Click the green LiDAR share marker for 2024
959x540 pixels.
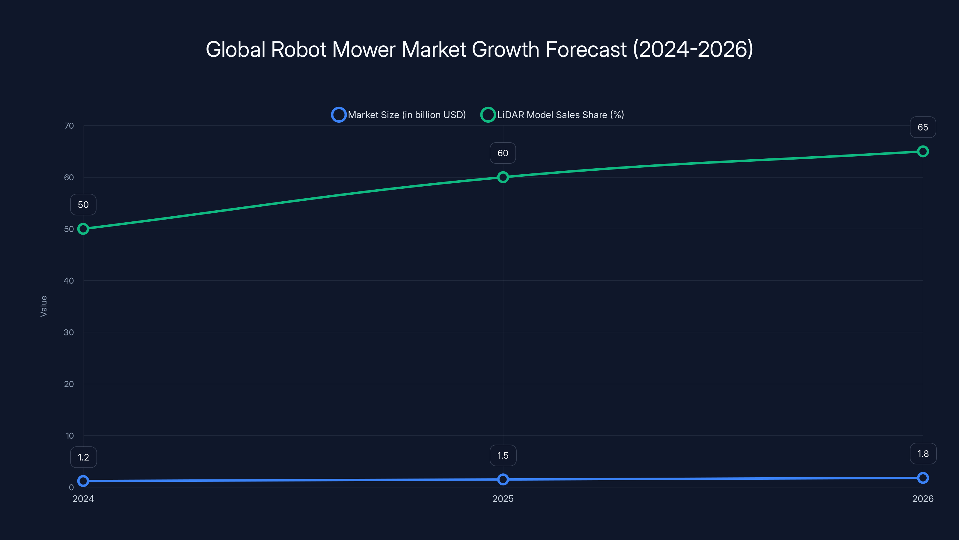click(83, 229)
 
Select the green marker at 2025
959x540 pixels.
click(503, 177)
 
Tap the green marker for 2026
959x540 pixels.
click(922, 151)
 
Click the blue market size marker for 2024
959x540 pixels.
click(83, 481)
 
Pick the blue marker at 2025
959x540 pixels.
click(503, 479)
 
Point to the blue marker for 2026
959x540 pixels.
click(922, 478)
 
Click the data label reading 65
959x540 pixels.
click(922, 127)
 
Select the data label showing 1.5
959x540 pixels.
click(503, 455)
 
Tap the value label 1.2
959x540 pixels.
click(83, 457)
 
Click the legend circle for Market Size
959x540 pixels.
click(338, 115)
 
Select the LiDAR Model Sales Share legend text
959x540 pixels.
click(560, 115)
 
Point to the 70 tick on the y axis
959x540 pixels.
click(69, 126)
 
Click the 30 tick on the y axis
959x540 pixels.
click(69, 332)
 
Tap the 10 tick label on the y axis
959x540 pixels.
click(70, 436)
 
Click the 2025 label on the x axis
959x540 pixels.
click(503, 499)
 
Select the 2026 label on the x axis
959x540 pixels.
click(922, 499)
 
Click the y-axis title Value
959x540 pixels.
click(43, 306)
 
